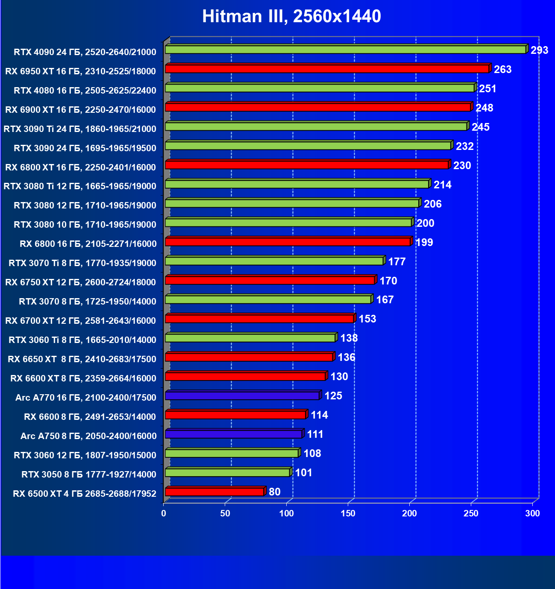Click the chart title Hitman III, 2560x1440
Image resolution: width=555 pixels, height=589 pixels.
point(291,16)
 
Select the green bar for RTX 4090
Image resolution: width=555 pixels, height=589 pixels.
point(345,50)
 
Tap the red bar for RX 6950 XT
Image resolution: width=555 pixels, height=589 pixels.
point(327,69)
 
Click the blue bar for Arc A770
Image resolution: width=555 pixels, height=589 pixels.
point(242,396)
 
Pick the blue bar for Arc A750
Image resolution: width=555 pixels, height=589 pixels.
point(234,434)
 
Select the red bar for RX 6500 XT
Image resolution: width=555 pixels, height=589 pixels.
point(214,492)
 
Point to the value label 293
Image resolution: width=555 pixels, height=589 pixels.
point(539,50)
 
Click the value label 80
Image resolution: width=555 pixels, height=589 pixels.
point(275,492)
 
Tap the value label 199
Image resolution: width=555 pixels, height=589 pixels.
point(424,243)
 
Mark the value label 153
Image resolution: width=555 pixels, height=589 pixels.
point(367,319)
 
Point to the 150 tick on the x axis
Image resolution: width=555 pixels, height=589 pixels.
point(348,513)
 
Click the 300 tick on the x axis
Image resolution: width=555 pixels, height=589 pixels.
point(532,513)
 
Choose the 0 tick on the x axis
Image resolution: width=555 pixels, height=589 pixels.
point(164,513)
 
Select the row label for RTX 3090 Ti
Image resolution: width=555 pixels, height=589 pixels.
point(80,129)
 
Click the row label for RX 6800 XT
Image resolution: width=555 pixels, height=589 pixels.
point(80,167)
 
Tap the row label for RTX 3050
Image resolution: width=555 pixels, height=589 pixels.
point(89,474)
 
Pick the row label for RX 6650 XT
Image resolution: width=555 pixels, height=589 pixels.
point(82,359)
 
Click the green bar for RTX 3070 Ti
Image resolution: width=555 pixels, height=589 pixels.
point(274,261)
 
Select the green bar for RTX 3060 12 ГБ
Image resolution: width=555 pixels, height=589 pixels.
point(232,453)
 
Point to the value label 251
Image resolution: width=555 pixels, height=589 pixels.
point(487,89)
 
